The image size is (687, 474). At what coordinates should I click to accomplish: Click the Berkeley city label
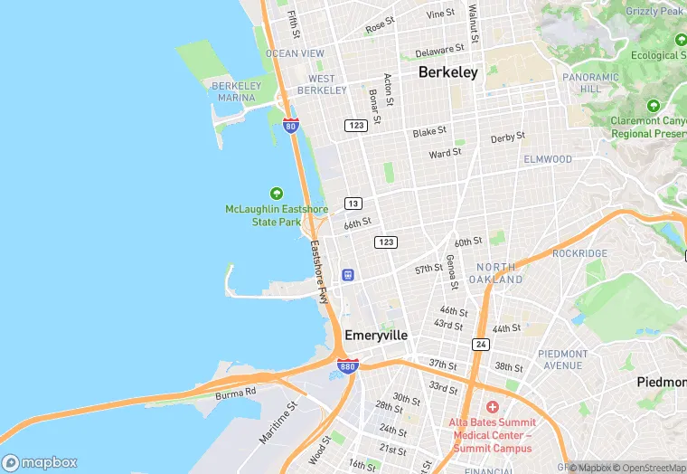447,72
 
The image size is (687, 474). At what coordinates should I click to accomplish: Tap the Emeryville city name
376,335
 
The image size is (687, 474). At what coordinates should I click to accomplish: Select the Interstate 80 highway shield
290,126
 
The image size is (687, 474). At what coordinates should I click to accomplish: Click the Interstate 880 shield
348,365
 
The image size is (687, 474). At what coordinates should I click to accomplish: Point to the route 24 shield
480,344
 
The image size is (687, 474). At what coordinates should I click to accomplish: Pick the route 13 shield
353,203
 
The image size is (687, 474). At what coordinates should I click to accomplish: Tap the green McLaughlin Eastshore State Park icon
277,194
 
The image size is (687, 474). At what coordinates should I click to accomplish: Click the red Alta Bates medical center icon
493,407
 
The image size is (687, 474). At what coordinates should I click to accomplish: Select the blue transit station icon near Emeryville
347,274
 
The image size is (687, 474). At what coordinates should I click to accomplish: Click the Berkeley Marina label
236,91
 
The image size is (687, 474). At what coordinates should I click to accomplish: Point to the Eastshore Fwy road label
318,270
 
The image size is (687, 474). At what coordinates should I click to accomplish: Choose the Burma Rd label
236,393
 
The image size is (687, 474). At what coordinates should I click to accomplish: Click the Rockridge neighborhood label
579,253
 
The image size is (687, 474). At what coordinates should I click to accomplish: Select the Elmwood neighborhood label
548,159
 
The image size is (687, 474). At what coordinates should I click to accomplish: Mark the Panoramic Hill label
590,83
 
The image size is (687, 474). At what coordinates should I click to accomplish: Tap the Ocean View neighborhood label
295,53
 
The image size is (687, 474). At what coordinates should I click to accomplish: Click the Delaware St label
439,51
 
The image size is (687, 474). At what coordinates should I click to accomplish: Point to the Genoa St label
450,272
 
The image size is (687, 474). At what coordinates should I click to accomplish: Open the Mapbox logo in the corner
41,462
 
